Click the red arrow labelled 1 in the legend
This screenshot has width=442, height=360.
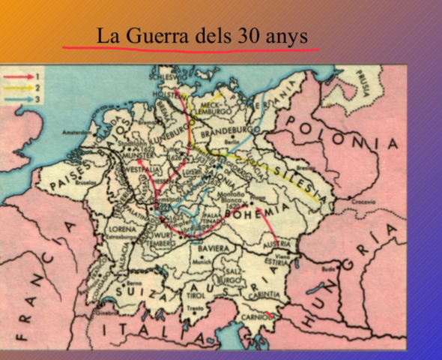pos(19,77)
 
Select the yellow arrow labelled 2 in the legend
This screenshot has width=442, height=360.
pos(19,88)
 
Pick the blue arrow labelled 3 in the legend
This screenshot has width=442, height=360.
pos(19,99)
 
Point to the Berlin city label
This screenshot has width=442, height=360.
pos(231,140)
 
